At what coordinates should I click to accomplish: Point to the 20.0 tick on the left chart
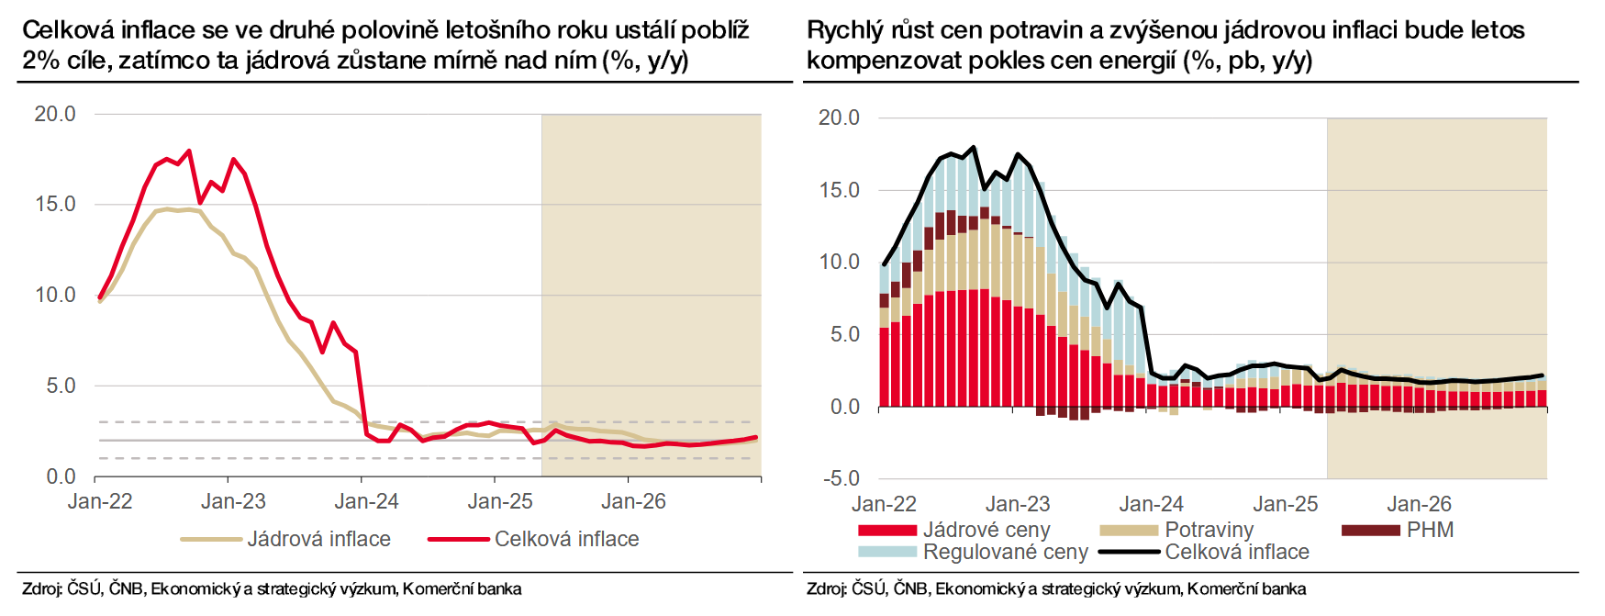coord(55,114)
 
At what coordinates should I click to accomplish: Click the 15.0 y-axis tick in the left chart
coord(55,204)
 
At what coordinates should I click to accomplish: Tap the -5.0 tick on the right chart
coord(840,478)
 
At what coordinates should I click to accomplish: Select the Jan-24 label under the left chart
coord(366,501)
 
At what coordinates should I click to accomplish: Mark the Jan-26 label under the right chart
coord(1419,504)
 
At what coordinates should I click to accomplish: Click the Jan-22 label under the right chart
coord(884,504)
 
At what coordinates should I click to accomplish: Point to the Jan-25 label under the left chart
coord(500,501)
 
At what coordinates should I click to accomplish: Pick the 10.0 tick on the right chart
coord(840,262)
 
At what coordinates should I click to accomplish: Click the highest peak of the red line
coord(189,151)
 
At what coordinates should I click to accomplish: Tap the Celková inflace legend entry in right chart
coord(1236,552)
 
